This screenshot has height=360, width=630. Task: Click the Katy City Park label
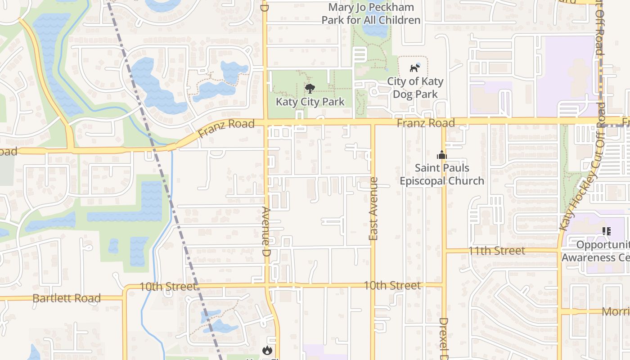click(x=310, y=102)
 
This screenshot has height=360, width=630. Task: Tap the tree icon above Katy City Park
click(x=310, y=88)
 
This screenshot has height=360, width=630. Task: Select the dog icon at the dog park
click(x=414, y=68)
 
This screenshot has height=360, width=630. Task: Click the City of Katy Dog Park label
click(x=415, y=88)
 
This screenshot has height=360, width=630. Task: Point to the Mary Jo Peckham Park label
click(x=371, y=13)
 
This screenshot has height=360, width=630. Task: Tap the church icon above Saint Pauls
click(x=441, y=155)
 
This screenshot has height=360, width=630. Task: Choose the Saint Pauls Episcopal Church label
click(x=442, y=174)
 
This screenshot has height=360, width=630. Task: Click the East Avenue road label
click(x=373, y=208)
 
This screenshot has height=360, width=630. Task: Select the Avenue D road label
click(x=266, y=232)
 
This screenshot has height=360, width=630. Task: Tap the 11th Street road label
click(x=496, y=251)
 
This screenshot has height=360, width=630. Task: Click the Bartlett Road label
click(x=67, y=298)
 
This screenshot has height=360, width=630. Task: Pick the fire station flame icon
click(x=267, y=350)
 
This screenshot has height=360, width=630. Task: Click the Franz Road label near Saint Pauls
click(x=426, y=123)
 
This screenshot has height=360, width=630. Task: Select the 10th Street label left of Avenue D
click(x=168, y=287)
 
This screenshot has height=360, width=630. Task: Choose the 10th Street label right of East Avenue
click(x=392, y=285)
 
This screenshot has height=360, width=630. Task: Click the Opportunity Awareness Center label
click(x=596, y=251)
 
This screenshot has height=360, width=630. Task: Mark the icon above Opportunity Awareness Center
click(x=606, y=231)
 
